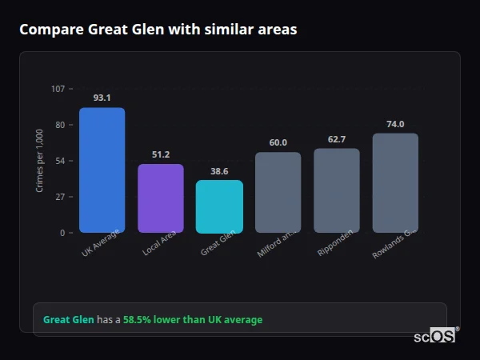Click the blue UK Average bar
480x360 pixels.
(102, 170)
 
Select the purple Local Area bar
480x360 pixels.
(161, 198)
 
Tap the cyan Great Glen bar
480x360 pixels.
(219, 206)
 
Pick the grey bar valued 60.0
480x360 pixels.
(278, 192)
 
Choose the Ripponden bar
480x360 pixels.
(336, 190)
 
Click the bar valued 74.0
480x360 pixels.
(395, 182)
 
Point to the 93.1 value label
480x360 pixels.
(102, 98)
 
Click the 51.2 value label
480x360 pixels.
(161, 154)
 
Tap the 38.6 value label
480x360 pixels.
(219, 171)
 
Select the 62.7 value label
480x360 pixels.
(336, 139)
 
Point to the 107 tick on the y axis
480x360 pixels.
(58, 89)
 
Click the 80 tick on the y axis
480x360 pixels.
(59, 125)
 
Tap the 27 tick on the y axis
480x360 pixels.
(59, 197)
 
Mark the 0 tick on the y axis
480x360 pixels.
(62, 233)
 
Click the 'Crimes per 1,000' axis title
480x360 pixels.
(40, 161)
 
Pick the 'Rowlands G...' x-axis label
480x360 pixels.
(394, 244)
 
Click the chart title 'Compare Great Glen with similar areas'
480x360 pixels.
(158, 30)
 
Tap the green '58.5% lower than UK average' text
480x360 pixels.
(192, 320)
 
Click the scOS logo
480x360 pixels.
(435, 337)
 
